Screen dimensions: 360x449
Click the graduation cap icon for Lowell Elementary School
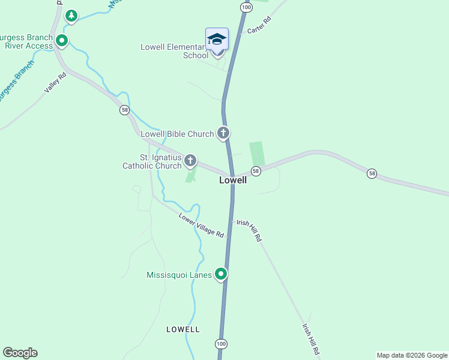tap(217, 40)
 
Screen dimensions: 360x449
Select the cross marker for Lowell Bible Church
tap(223, 133)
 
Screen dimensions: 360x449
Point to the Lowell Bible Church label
tap(177, 134)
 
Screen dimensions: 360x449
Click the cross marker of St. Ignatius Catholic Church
tap(190, 160)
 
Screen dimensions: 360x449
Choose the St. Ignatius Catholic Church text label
tap(152, 162)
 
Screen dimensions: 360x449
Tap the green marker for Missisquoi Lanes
tap(221, 275)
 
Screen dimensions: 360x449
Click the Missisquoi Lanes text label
tap(179, 275)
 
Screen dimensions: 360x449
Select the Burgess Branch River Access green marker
tap(61, 41)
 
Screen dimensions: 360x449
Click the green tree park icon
tap(71, 16)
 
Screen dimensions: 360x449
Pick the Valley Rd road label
tap(55, 83)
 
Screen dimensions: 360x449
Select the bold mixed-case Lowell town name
tap(233, 180)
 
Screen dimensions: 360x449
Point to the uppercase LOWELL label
tap(183, 329)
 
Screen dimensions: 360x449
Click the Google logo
tap(20, 353)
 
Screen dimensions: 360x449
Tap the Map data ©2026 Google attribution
tap(412, 355)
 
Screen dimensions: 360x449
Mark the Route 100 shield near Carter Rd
tap(246, 7)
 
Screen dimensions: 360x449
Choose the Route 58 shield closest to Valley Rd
tap(124, 110)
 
